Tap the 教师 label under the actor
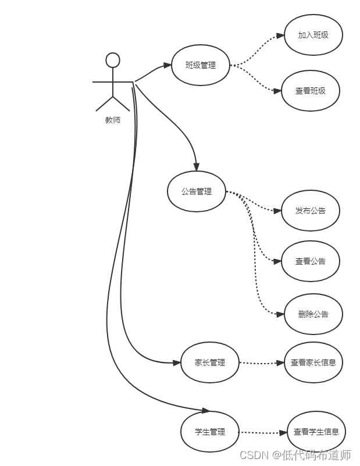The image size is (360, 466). (113, 120)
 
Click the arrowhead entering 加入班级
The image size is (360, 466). (280, 35)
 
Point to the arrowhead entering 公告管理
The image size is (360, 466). (196, 167)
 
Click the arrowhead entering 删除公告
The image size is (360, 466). (280, 314)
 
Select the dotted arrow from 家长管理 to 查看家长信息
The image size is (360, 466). (262, 363)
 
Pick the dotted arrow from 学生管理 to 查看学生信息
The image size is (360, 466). (263, 432)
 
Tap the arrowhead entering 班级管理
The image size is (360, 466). (167, 65)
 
